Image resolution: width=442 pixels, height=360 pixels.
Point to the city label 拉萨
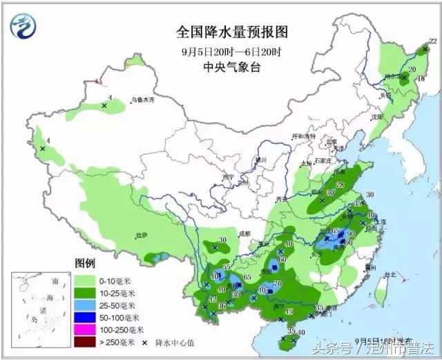point(142,235)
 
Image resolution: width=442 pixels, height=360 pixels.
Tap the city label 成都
point(245,234)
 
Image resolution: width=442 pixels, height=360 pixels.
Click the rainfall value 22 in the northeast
point(433,42)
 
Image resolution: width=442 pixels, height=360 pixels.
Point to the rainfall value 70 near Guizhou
point(278,283)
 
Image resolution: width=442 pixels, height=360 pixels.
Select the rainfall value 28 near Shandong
point(339,184)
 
